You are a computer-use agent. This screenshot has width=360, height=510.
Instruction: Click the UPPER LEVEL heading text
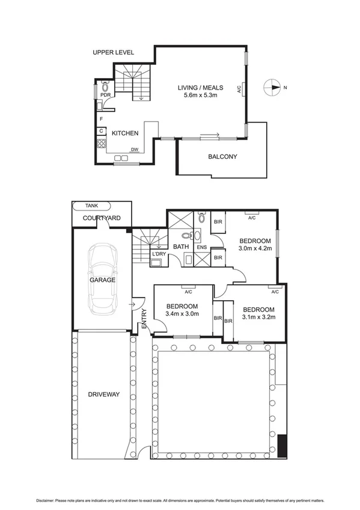[x=113, y=53]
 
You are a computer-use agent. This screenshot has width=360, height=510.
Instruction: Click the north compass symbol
[x=273, y=88]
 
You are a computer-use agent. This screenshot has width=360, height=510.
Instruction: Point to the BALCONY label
[x=222, y=157]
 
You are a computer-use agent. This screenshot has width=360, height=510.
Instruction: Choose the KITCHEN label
[x=125, y=134]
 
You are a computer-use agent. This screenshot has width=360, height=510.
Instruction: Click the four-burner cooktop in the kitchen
[x=102, y=144]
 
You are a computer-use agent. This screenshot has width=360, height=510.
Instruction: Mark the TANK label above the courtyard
[x=91, y=205]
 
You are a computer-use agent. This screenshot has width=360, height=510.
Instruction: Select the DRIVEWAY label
[x=103, y=395]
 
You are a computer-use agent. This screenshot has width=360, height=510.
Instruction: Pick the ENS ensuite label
[x=201, y=247]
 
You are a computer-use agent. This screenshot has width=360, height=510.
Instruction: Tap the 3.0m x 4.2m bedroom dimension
[x=255, y=247]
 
